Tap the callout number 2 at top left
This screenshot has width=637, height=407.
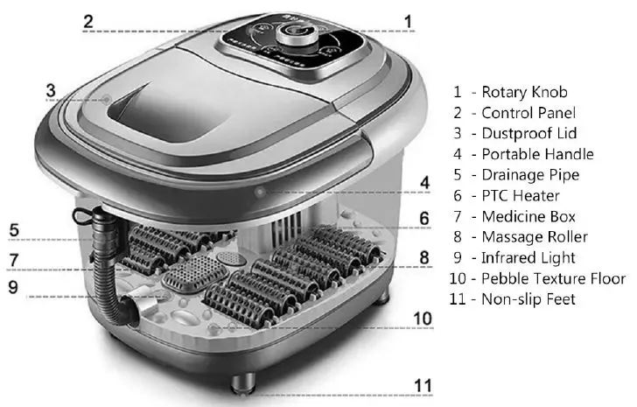pyautogui.click(x=87, y=21)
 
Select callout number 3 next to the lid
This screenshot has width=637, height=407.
pyautogui.click(x=51, y=89)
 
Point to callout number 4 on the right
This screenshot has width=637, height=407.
pyautogui.click(x=424, y=182)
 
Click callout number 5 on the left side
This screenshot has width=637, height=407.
pyautogui.click(x=14, y=230)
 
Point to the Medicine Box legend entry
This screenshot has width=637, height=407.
pyautogui.click(x=528, y=216)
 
